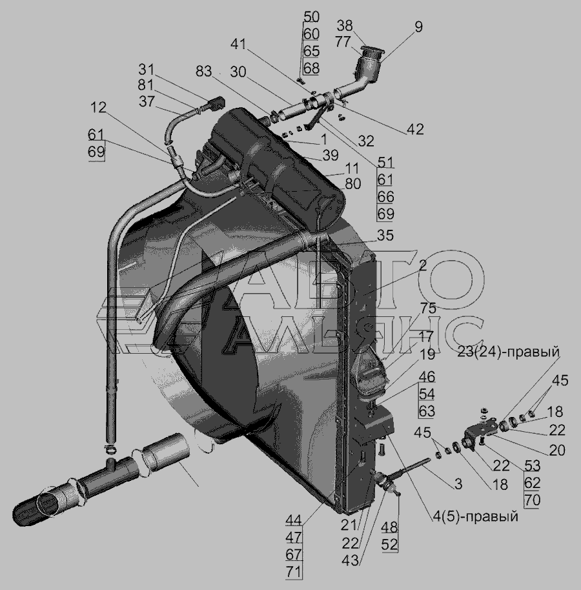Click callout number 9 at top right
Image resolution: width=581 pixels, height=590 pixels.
[419, 26]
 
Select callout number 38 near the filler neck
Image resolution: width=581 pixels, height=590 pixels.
[345, 26]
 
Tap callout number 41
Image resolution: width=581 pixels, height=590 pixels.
[238, 45]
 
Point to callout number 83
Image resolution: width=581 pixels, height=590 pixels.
[203, 71]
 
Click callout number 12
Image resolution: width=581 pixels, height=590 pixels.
[98, 108]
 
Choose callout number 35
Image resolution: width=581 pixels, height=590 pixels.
[385, 236]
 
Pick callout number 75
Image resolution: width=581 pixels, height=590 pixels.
[428, 308]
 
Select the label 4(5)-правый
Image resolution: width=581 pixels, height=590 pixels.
[475, 516]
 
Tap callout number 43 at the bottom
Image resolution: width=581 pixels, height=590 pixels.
[351, 560]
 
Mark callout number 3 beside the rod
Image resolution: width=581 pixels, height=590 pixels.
[458, 484]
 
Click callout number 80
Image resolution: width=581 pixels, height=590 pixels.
[352, 184]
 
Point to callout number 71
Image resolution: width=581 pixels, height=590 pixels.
[294, 571]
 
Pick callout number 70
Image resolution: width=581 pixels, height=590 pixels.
[532, 500]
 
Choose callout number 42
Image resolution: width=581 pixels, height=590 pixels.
[415, 129]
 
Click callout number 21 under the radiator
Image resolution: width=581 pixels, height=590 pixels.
[349, 525]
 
